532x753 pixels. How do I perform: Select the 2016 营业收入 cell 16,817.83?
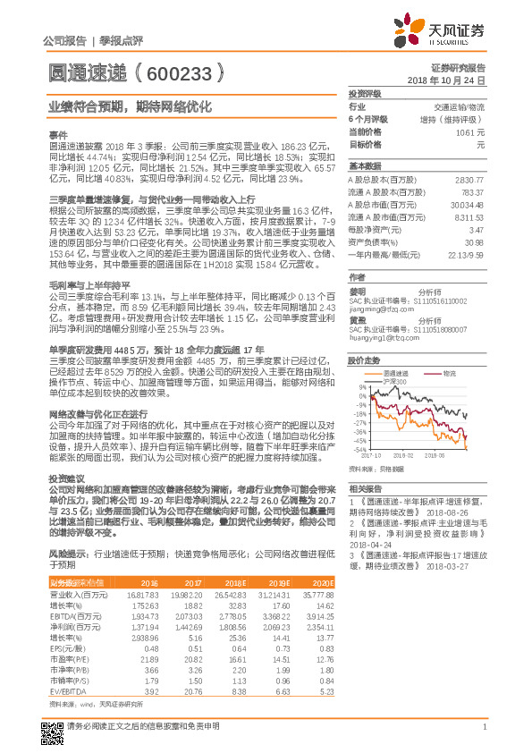(141, 594)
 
